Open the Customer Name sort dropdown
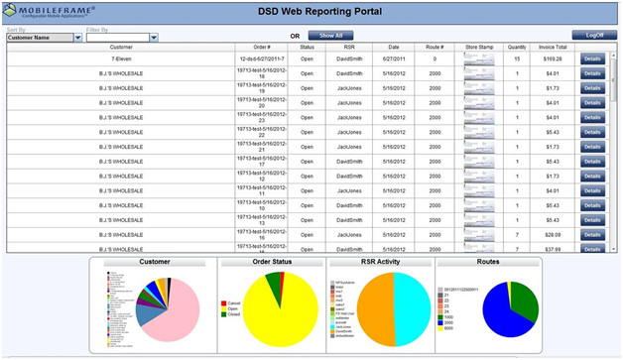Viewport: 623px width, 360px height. click(43, 38)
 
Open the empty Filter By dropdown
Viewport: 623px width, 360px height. click(122, 38)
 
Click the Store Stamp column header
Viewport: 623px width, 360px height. click(479, 47)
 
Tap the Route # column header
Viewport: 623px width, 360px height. click(434, 47)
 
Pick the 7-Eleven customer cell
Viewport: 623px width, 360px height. click(121, 59)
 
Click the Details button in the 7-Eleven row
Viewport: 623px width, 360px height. click(591, 60)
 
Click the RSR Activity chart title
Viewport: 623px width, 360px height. click(380, 264)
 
